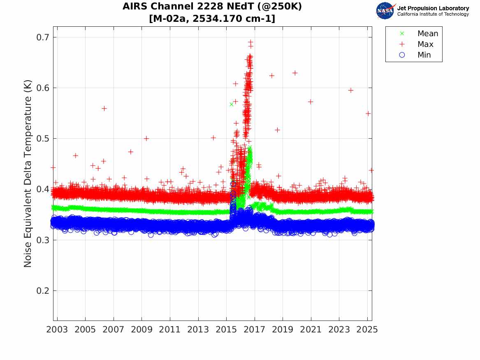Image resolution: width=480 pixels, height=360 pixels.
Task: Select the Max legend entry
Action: point(425,44)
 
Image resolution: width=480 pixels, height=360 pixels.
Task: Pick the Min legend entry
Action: point(424,55)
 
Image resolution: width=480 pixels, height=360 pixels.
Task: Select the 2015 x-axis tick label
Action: point(226,330)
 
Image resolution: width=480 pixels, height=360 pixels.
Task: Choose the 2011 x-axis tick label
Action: point(170,330)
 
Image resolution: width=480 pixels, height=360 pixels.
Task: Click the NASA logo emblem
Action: point(385,11)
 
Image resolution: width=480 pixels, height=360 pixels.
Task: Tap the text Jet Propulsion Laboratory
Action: point(433,8)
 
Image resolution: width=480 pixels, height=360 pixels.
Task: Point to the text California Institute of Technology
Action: point(433,14)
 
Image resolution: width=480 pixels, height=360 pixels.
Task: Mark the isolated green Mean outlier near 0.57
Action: point(232,104)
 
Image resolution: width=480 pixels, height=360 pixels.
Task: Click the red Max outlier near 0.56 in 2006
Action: point(104,108)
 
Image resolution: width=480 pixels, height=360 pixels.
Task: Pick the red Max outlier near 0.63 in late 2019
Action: point(294,73)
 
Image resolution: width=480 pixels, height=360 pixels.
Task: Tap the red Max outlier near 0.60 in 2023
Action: point(351,90)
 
